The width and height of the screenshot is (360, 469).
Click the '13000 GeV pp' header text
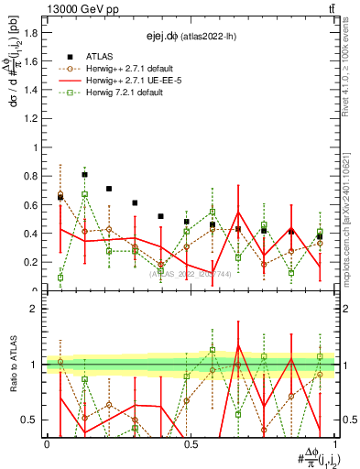[x=80, y=8]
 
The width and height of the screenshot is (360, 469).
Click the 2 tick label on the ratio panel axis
[x=38, y=309]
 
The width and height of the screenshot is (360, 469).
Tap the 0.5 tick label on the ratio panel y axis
[x=34, y=420]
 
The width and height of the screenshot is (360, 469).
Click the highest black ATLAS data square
[x=85, y=174]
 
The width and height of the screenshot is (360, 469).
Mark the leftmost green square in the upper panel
[x=60, y=278]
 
